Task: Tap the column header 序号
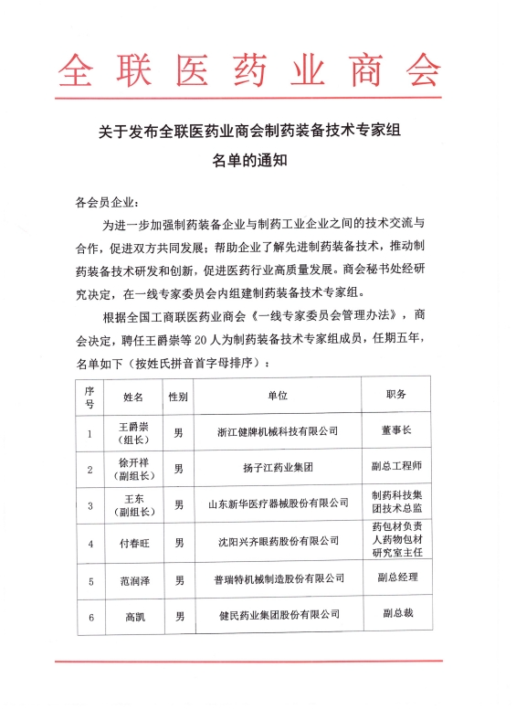click(x=90, y=397)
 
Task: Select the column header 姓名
click(x=133, y=397)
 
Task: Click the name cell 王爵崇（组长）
click(x=133, y=432)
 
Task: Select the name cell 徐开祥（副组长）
click(x=133, y=469)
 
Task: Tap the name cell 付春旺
click(x=133, y=543)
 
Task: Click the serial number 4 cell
click(x=90, y=544)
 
